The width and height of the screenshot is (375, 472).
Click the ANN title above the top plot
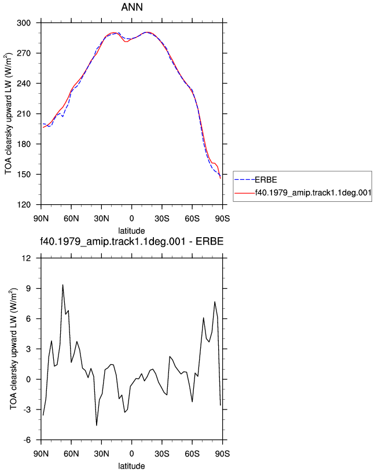[132, 7]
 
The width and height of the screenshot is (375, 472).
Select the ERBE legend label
[266, 180]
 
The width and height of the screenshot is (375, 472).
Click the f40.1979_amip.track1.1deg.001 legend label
[313, 193]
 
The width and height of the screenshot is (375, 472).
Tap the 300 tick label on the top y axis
[24, 23]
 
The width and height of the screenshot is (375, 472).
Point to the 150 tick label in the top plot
[24, 175]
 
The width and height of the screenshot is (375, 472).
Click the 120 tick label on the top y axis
[24, 205]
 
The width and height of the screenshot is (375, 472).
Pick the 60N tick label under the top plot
[71, 218]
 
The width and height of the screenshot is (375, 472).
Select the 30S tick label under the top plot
[162, 218]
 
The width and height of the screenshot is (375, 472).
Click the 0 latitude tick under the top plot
[131, 218]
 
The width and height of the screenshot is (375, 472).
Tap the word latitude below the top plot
[131, 231]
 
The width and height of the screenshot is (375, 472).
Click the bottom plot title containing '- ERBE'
[131, 241]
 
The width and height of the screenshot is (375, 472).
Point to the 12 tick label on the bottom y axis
[27, 259]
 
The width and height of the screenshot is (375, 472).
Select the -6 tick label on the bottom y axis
[27, 440]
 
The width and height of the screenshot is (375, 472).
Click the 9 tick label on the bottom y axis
[28, 289]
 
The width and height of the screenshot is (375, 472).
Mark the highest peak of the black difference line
[62, 285]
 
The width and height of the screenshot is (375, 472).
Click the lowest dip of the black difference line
[97, 425]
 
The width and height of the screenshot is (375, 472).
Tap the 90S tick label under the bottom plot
[222, 453]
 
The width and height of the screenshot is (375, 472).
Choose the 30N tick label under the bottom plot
[101, 453]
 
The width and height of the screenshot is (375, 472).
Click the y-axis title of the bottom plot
[14, 349]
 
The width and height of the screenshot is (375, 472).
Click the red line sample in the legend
[245, 193]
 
